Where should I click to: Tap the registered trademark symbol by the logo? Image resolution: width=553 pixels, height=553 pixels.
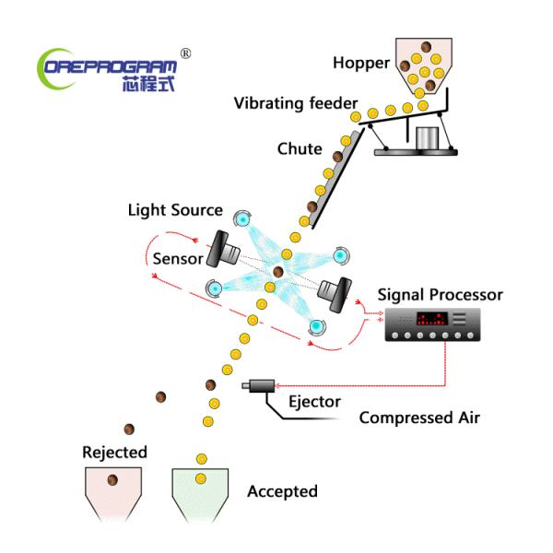[x=186, y=53]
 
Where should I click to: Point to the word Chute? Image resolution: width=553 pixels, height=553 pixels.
[x=300, y=148]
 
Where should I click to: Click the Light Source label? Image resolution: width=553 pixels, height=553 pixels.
[x=175, y=211]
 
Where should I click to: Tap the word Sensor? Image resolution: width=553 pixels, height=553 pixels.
[x=178, y=258]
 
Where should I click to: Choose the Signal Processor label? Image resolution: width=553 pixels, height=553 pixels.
[x=441, y=295]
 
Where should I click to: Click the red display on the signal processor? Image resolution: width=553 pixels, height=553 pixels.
[x=432, y=321]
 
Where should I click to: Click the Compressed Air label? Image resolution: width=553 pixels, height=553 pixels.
[x=419, y=418]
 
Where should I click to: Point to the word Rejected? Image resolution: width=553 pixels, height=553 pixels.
[x=114, y=452]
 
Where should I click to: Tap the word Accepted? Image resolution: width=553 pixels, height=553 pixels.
[x=282, y=491]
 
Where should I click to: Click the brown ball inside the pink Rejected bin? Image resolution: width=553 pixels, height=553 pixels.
[x=113, y=479]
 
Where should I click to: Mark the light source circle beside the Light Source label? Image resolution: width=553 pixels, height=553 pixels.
[x=241, y=218]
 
